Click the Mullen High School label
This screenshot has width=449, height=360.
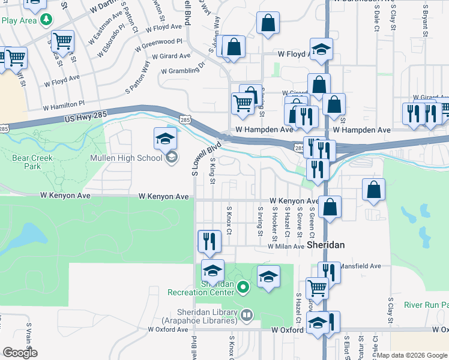(x=127, y=158)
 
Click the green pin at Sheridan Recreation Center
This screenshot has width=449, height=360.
(x=243, y=288)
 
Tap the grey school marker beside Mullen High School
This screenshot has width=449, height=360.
(x=171, y=158)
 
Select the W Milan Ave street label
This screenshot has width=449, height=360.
(x=286, y=247)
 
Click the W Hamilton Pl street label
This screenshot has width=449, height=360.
(x=63, y=106)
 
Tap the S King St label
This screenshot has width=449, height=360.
(x=212, y=168)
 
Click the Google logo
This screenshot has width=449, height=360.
(x=20, y=353)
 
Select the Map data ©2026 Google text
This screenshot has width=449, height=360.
(x=412, y=355)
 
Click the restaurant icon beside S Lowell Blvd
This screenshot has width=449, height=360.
(x=209, y=241)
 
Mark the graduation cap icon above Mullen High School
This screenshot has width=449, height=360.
(x=165, y=139)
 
